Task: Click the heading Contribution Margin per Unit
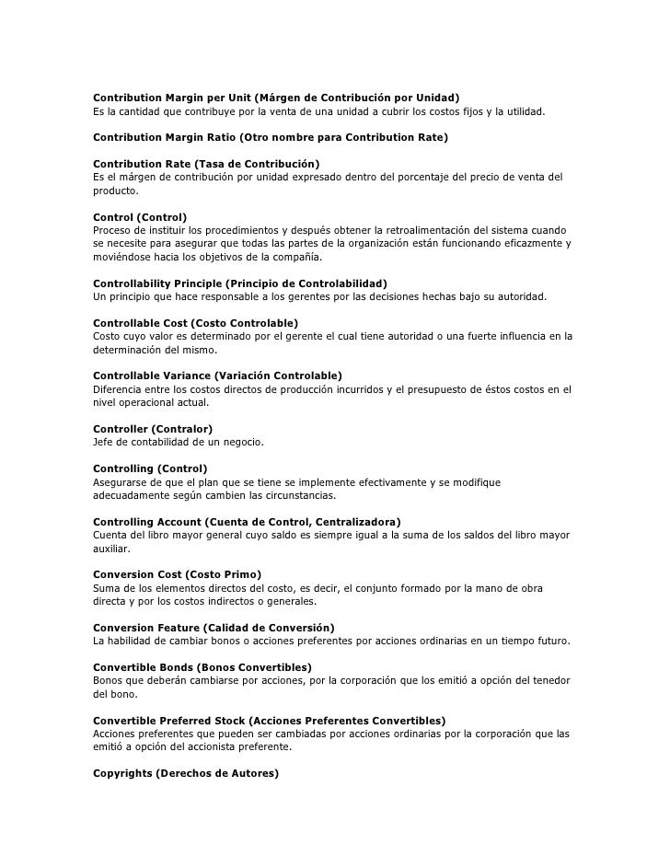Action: (276, 98)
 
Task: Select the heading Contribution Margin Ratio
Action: (271, 137)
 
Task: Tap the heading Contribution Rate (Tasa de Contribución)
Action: (206, 163)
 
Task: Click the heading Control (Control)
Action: (140, 216)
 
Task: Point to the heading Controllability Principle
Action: (240, 283)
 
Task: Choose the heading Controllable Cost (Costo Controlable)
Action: (196, 323)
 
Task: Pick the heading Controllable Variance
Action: (217, 376)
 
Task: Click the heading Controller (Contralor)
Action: (153, 429)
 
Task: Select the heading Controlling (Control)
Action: (151, 468)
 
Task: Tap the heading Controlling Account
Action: (247, 522)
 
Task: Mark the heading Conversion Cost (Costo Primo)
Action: (178, 574)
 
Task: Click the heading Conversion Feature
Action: (214, 628)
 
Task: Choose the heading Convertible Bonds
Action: (202, 666)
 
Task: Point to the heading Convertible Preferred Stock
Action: (270, 720)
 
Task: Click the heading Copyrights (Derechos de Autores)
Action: (186, 773)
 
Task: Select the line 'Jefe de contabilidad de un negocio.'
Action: (179, 443)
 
